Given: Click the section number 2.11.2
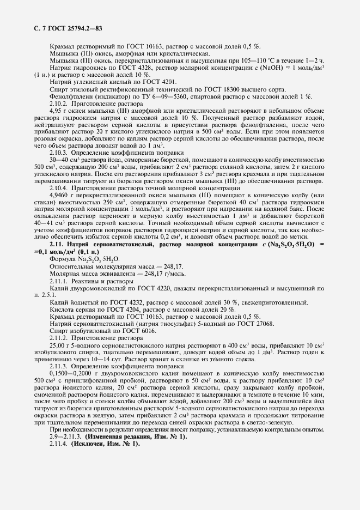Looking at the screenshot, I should point(59,338).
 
